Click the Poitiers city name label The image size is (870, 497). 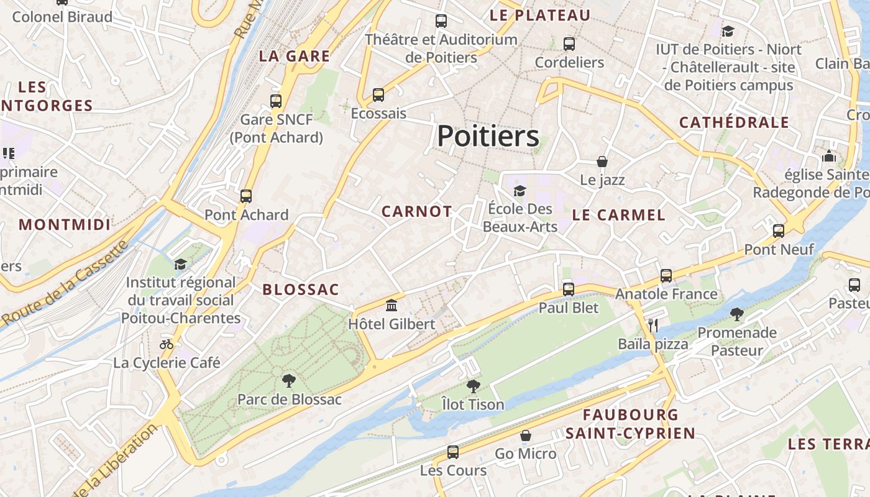488,136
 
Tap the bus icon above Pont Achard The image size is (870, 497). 246,196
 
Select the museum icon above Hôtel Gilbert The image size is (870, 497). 391,305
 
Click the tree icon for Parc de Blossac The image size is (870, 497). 288,380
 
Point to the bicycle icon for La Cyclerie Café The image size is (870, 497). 167,344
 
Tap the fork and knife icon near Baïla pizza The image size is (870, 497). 652,325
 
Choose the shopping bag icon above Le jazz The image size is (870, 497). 602,162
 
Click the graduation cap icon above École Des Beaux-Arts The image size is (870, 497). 520,191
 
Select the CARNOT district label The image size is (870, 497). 416,212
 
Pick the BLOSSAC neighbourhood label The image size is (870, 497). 301,290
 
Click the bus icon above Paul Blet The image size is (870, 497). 568,289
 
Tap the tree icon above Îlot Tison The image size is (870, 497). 473,386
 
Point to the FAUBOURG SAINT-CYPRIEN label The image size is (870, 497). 630,424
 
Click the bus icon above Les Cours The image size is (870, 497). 453,452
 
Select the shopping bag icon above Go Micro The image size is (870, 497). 526,435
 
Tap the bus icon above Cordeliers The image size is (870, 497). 569,44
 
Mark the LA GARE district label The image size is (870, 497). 294,56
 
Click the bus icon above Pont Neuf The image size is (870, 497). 778,231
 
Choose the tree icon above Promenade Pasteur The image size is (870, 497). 737,314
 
